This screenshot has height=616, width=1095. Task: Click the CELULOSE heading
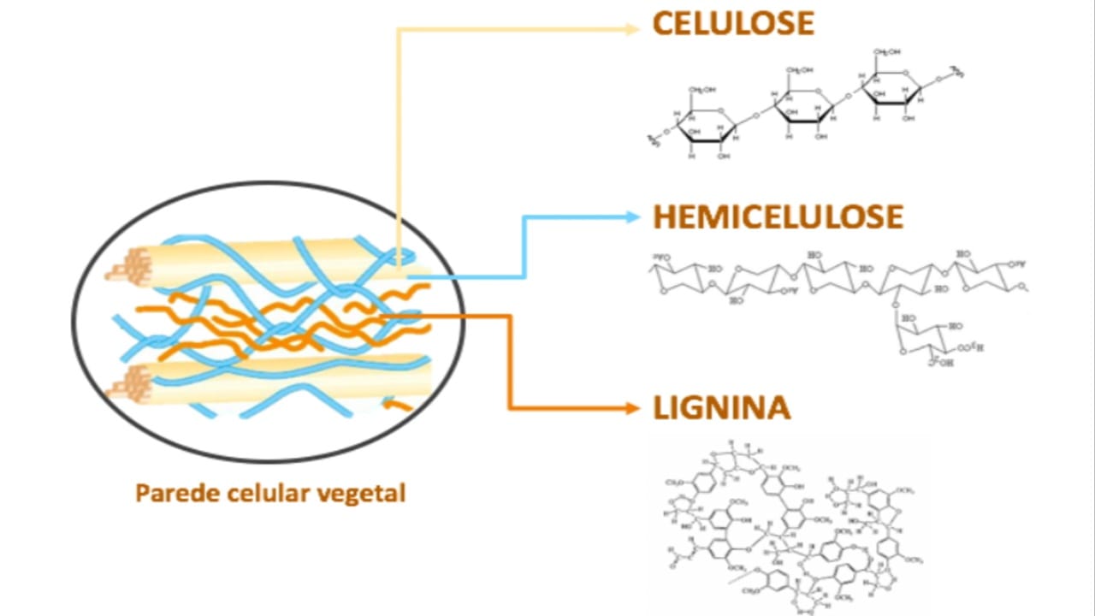pos(733,24)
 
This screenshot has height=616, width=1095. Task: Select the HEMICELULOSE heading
pos(778,217)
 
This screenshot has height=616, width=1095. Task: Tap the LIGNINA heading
pos(721,408)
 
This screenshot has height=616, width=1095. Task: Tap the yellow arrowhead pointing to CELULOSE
pos(633,28)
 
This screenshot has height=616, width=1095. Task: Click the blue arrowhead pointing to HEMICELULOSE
pos(633,217)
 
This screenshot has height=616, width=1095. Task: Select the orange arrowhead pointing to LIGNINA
pos(633,408)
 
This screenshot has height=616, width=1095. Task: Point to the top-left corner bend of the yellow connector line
pos(399,29)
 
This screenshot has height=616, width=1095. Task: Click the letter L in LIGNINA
pos(661,408)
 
